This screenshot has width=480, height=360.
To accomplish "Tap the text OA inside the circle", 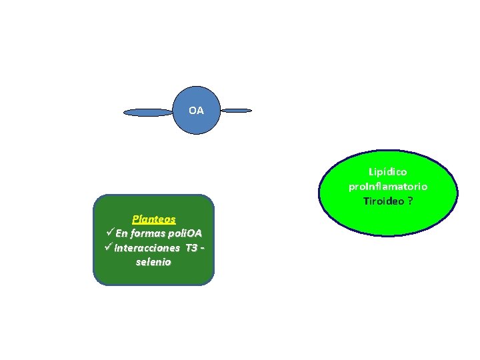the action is coord(196,110).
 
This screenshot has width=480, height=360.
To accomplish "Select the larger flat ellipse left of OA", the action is coord(148,113).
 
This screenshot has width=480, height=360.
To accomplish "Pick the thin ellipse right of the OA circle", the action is coord(237,110).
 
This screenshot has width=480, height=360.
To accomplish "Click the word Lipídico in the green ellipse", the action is coord(387,172).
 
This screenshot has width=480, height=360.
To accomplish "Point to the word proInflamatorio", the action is coord(387,186).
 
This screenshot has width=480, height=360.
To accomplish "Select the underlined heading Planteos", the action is coord(154,219).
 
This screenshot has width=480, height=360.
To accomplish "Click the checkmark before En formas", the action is coord(110,233).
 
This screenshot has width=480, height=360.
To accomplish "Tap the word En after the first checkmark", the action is coord(121,233).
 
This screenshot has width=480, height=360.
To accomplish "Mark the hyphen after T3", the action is coord(201,248).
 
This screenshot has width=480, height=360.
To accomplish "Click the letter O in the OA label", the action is coord(192,110).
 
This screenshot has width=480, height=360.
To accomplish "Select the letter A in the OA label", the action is coord(200,110).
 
